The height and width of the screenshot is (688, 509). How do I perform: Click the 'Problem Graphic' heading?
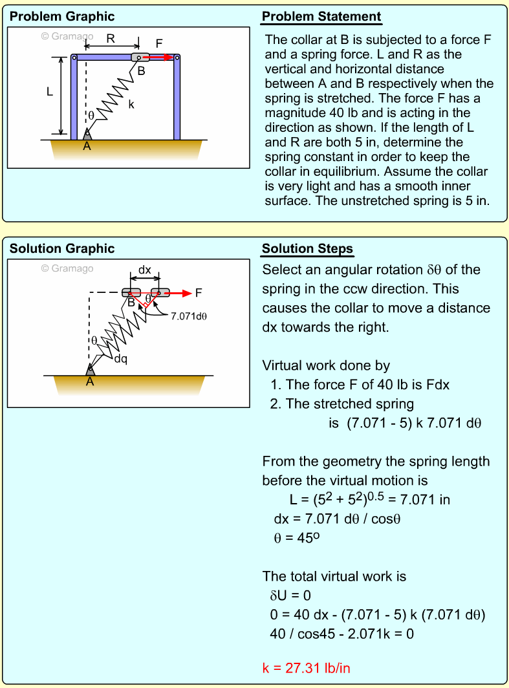tap(62, 17)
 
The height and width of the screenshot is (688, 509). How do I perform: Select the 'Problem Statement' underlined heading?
tap(321, 17)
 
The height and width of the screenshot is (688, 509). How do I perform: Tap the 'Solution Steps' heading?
tap(308, 249)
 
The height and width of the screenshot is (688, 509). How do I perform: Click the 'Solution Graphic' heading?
tap(62, 249)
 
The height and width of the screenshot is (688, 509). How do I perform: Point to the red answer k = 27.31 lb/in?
tap(307, 668)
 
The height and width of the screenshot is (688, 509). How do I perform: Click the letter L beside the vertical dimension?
tap(50, 92)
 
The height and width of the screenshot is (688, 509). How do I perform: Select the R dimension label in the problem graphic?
tap(111, 39)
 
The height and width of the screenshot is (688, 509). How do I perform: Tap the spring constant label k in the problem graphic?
tap(131, 105)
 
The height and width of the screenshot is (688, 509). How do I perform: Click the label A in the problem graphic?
tap(87, 147)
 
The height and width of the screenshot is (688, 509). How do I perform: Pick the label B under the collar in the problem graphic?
tap(141, 70)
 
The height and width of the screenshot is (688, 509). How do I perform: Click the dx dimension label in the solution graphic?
tap(145, 270)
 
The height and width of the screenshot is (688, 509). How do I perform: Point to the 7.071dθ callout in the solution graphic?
tap(189, 316)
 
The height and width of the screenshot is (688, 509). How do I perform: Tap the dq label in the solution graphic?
tap(121, 359)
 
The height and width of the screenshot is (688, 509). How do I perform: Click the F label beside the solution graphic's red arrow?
tap(199, 293)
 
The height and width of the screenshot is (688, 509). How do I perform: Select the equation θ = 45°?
tap(297, 537)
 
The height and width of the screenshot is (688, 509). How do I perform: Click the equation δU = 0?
tap(290, 596)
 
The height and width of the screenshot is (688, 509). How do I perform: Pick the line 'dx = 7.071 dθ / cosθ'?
tap(337, 519)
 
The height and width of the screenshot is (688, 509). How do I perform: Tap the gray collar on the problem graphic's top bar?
tap(140, 58)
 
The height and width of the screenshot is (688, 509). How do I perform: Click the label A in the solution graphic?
tap(90, 382)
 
